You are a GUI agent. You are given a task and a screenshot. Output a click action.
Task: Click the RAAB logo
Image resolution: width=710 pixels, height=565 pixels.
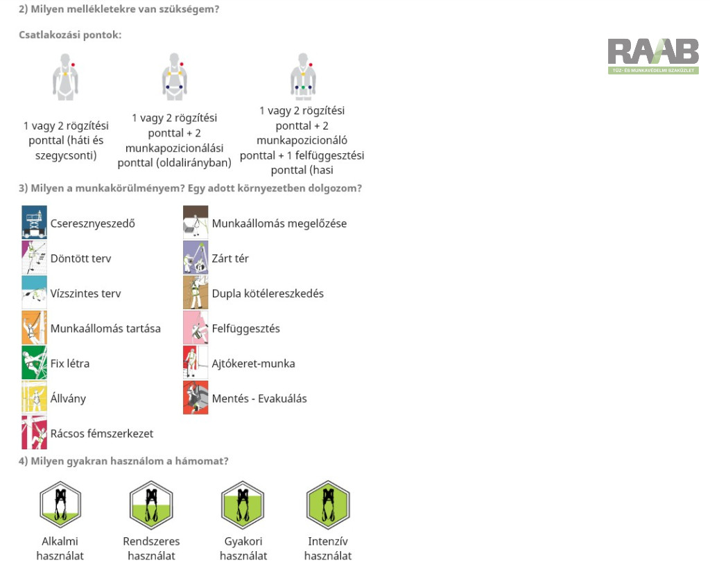click(653, 56)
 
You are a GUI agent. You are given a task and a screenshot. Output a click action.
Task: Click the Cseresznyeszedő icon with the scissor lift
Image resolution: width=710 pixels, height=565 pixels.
click(35, 223)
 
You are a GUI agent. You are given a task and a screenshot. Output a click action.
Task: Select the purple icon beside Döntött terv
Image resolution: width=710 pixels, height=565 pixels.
click(35, 258)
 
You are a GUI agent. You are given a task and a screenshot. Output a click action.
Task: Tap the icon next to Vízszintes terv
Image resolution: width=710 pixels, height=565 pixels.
click(35, 293)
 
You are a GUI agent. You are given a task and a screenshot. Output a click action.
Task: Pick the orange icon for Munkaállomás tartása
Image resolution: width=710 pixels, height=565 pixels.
click(35, 327)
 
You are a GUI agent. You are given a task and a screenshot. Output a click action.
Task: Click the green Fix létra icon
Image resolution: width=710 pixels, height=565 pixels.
click(35, 363)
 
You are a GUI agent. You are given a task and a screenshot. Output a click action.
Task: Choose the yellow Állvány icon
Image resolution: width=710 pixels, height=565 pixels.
click(35, 397)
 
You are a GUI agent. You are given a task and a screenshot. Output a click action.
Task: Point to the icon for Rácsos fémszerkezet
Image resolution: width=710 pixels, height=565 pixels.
click(35, 433)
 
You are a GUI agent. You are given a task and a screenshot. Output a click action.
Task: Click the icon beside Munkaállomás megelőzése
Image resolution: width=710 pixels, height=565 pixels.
click(196, 223)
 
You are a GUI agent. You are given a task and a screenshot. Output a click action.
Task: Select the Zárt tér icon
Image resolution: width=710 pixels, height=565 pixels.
click(196, 258)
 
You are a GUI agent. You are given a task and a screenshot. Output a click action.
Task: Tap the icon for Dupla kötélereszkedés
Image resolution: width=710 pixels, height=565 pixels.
click(196, 293)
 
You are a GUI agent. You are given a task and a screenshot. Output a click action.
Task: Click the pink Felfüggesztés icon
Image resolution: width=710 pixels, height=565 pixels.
click(196, 327)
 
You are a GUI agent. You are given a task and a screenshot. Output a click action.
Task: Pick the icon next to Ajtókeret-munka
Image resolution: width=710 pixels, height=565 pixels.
click(196, 363)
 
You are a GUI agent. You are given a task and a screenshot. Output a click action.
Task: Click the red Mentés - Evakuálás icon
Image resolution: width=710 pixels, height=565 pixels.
click(196, 397)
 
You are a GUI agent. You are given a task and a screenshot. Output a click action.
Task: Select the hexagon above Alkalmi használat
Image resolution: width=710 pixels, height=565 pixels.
click(60, 505)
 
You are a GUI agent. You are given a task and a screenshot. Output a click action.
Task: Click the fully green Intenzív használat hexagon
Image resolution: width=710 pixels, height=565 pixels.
click(328, 505)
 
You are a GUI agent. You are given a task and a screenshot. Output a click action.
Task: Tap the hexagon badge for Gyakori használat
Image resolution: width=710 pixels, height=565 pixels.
click(243, 505)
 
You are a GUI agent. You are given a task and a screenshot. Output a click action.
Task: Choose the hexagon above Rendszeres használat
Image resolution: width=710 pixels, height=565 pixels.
click(151, 505)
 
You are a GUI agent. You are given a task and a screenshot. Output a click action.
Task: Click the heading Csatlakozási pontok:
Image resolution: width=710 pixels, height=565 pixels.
click(70, 35)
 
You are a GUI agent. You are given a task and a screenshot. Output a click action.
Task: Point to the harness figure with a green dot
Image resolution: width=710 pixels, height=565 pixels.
click(303, 76)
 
